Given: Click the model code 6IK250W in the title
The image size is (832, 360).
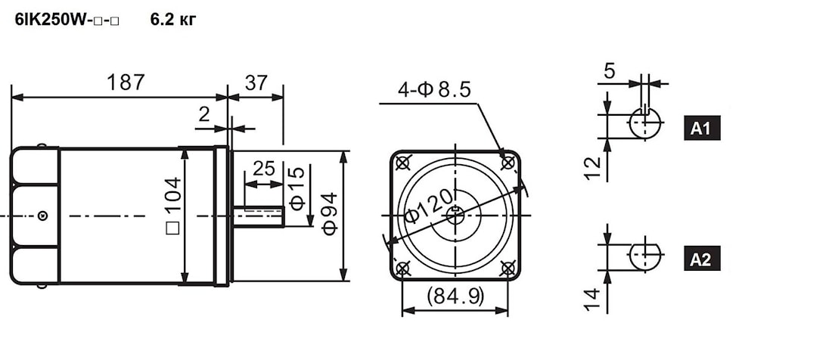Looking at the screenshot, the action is click(46, 20).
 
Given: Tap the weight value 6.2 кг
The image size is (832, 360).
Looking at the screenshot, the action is click(173, 20).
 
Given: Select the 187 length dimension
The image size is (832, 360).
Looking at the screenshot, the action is click(126, 82).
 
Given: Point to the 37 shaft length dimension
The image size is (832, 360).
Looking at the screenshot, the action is click(256, 82).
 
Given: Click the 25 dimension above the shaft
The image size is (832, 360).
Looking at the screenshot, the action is click(264, 169).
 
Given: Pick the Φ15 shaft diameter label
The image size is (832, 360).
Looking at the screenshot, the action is click(297, 188).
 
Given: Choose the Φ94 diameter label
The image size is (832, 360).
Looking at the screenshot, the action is click(329, 214).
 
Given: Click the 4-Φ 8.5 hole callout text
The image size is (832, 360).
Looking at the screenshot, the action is click(434, 90).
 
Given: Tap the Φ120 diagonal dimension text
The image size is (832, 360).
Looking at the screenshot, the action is click(430, 206).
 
